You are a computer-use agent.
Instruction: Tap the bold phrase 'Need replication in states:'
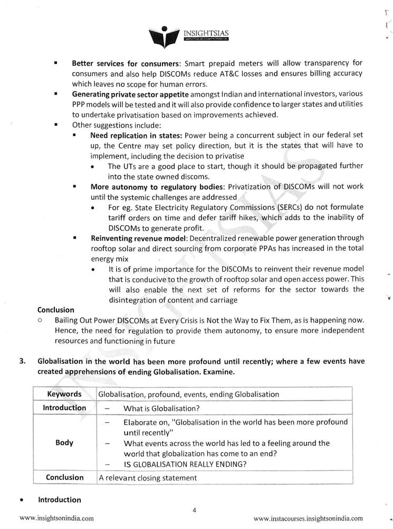[x=137, y=136]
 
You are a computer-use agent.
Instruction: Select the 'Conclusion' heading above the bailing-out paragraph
[x=56, y=310]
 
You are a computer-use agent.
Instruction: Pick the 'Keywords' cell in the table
[x=64, y=394]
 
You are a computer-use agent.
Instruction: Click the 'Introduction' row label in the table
[x=64, y=408]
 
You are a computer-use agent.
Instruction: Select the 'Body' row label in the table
[x=64, y=442]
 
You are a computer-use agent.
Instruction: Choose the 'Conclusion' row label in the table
[x=64, y=477]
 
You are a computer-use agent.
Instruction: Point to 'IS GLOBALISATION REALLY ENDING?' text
[x=186, y=464]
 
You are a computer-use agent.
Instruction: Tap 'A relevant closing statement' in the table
[x=148, y=478]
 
